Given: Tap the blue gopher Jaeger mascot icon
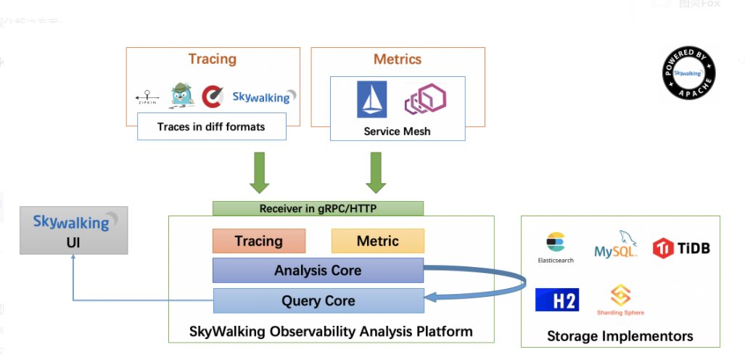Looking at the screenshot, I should point(182,95).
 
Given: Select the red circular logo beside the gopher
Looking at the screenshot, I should point(213,96).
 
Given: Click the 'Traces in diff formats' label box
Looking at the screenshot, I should point(211,126).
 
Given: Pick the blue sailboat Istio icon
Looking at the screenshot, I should point(371,99).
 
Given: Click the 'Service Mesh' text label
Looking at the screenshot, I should point(397,131).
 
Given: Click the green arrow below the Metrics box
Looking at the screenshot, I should point(375,172).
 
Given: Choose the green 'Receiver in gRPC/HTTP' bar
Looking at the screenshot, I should point(318,208).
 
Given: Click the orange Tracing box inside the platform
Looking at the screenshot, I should point(259,241).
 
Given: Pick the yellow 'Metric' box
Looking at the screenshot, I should point(377,241).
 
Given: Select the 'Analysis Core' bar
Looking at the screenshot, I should point(318,271).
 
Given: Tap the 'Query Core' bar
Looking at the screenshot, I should point(318,300).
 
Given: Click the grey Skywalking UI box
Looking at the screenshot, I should point(73,230).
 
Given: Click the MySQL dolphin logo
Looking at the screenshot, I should point(616,245).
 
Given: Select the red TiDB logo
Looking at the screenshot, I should point(680,248).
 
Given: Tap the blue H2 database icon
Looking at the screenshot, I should point(557,299).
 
